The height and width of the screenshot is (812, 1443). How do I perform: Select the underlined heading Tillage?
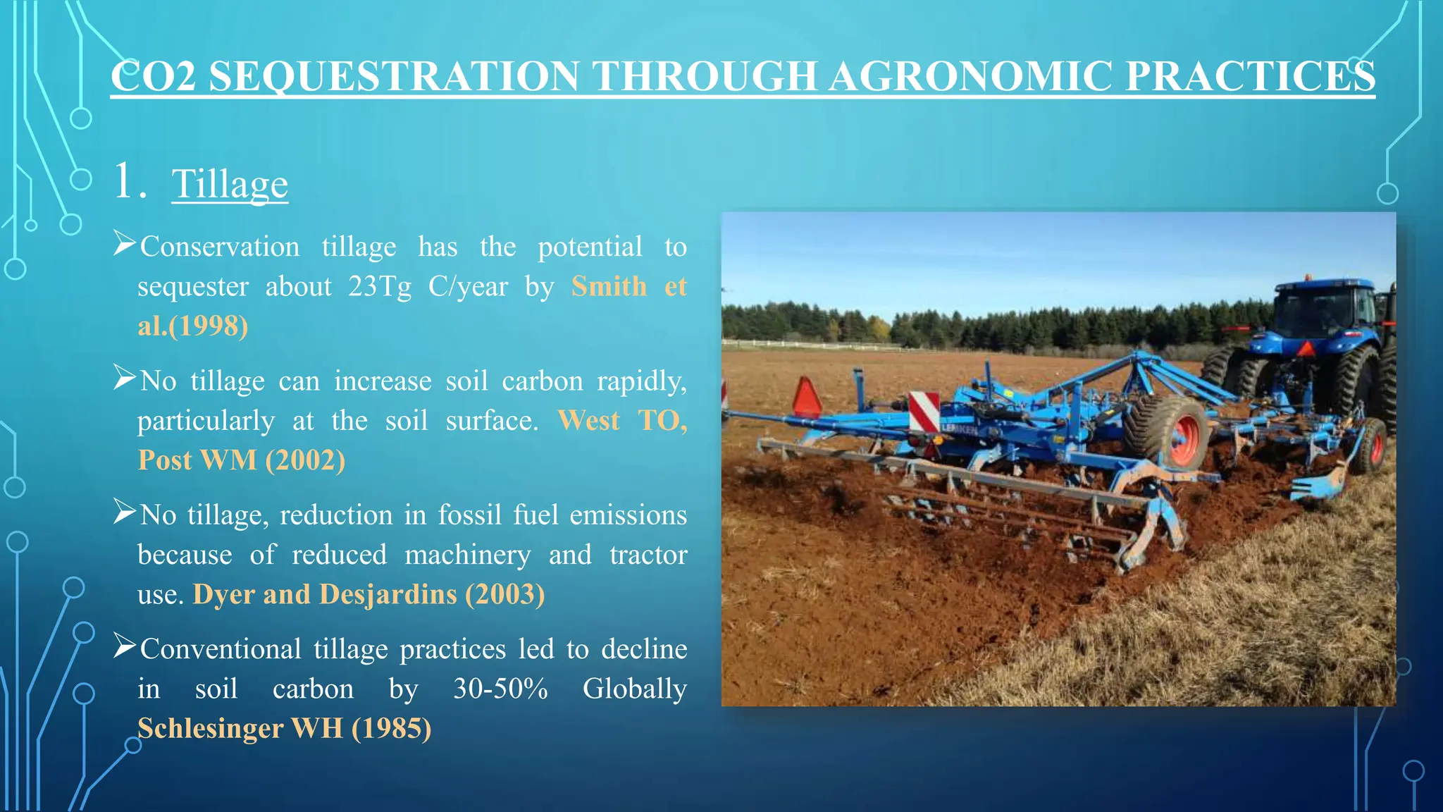[x=230, y=184]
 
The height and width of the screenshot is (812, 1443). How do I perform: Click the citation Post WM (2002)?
[x=241, y=460]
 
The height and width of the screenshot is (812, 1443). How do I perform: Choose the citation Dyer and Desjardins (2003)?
[x=369, y=594]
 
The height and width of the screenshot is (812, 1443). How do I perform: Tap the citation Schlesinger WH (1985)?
[x=284, y=728]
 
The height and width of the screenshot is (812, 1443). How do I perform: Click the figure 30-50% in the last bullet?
[x=500, y=689]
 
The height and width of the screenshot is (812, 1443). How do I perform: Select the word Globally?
[x=634, y=689]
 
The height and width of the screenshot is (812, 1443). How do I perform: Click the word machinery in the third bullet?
[x=467, y=555]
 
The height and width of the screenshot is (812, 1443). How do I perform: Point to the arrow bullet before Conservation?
[x=124, y=245]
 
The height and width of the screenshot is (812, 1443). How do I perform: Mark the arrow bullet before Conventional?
[x=124, y=646]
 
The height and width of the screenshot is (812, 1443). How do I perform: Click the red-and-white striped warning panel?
[x=924, y=412]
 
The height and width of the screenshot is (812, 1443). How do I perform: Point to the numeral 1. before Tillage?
[x=130, y=183]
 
